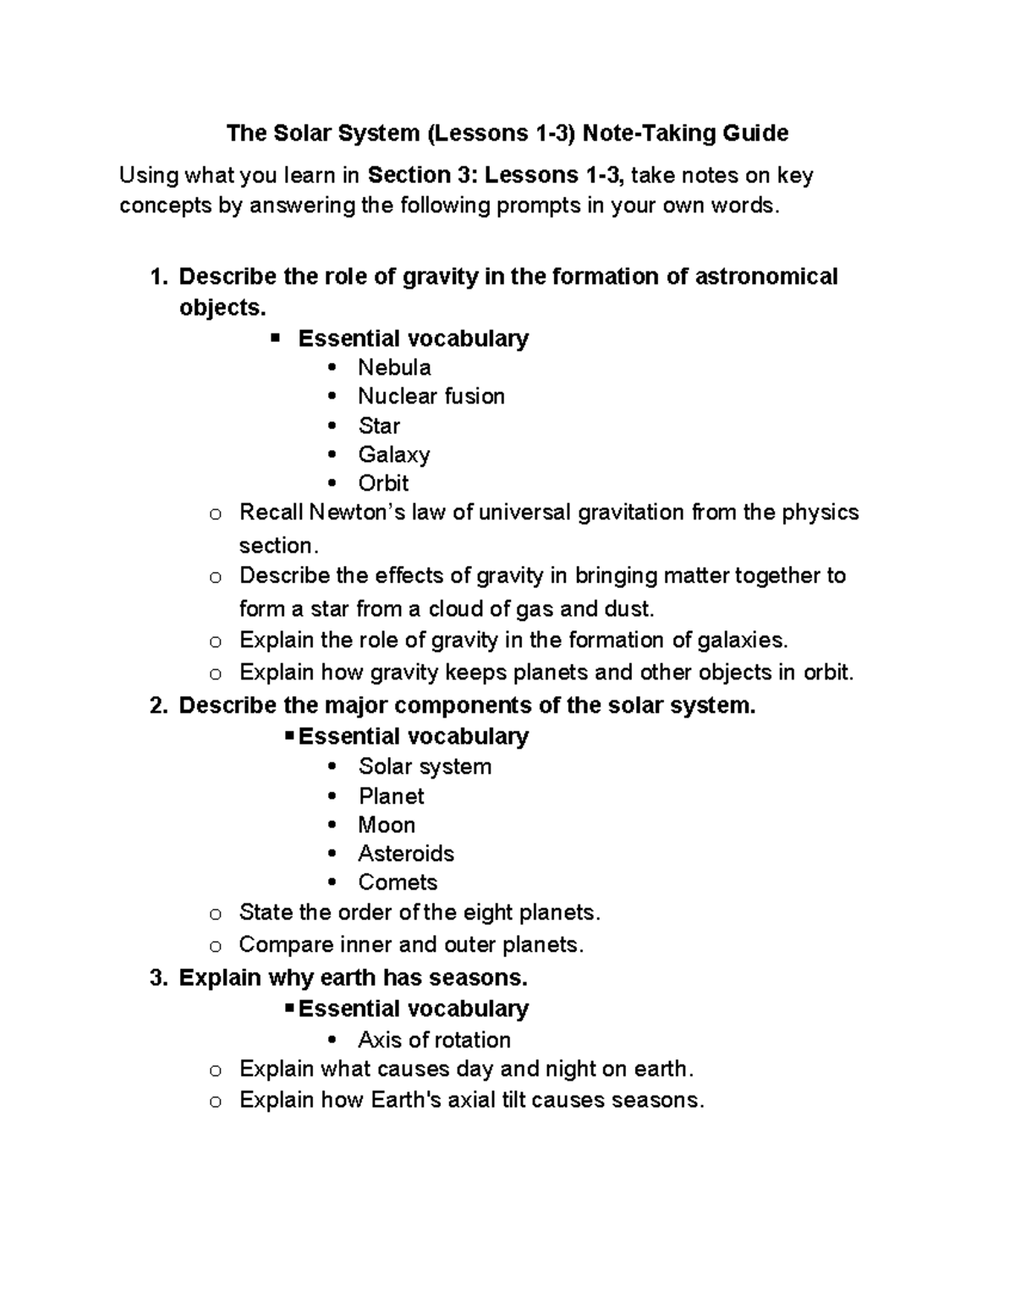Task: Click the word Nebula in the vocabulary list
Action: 394,367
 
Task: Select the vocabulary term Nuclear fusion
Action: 431,396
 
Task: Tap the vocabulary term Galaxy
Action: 393,454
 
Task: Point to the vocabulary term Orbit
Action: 383,483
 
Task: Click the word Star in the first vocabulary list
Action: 379,426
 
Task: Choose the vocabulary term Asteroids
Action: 406,853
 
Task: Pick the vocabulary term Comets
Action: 398,882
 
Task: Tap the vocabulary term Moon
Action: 387,824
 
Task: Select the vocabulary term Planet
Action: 391,795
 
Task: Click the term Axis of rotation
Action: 434,1039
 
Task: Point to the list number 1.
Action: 156,277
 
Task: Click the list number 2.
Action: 156,705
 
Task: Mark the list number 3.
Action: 156,977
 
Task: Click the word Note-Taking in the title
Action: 649,133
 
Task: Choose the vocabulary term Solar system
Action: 425,766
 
